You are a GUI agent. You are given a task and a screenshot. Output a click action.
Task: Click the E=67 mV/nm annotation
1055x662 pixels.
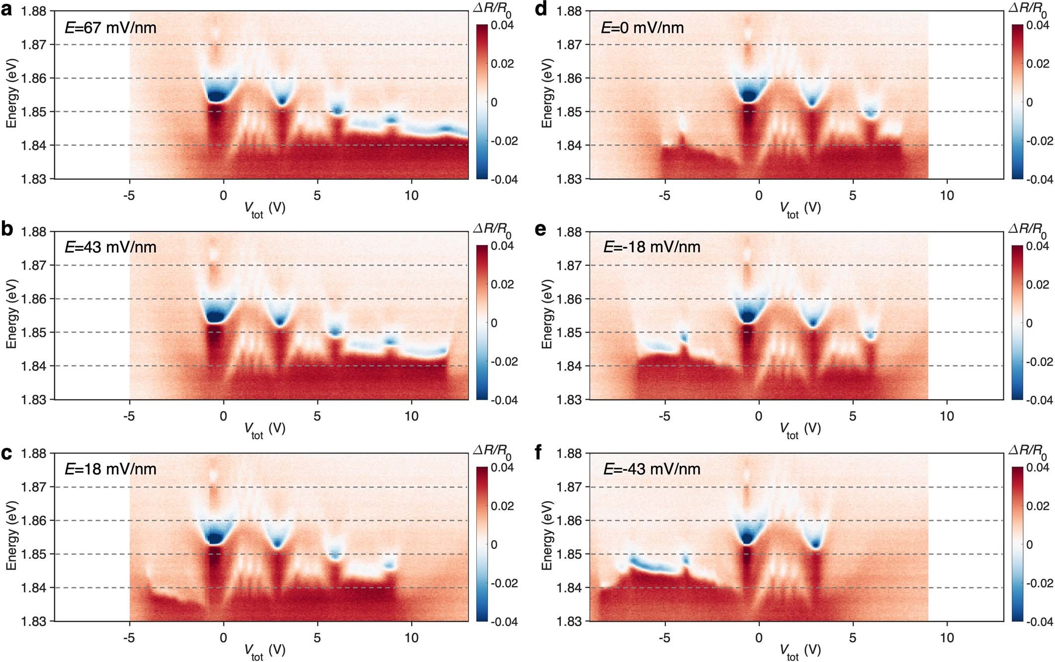point(110,27)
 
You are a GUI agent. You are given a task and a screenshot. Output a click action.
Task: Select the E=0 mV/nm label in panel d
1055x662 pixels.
point(642,27)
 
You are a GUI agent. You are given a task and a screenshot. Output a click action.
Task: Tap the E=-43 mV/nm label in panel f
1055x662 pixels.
point(651,469)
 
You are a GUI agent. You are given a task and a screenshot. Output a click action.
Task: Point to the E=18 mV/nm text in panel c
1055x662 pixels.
point(110,469)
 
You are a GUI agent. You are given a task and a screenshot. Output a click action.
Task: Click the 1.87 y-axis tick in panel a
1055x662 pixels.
point(33,45)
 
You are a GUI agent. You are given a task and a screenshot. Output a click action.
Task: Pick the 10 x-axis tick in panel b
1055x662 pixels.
point(411,416)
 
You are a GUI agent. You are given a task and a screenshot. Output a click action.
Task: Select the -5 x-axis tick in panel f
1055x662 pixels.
point(664,638)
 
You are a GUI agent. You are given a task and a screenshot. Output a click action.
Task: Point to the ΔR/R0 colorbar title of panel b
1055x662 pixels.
point(492,229)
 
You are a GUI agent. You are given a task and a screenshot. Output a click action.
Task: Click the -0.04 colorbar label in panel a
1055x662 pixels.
point(504,179)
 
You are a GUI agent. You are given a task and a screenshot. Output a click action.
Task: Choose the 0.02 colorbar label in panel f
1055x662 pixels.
point(1038,506)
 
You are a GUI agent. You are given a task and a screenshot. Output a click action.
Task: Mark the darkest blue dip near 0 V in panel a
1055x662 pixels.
point(216,96)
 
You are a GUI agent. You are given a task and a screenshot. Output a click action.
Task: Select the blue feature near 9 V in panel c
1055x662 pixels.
point(390,564)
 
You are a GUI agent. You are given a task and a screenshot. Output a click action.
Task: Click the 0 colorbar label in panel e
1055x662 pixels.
point(1030,323)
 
